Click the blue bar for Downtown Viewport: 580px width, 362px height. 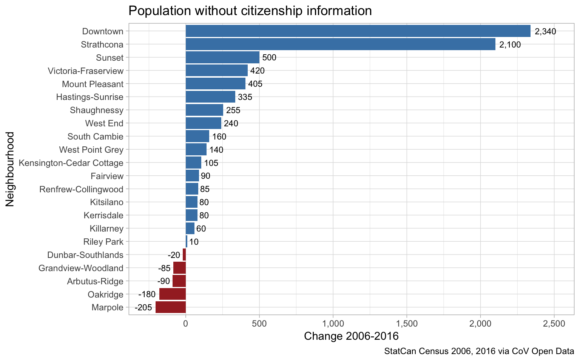click(x=358, y=31)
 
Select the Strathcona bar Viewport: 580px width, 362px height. click(x=340, y=44)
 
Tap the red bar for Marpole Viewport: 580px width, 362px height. click(x=171, y=307)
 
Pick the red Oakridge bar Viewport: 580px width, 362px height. click(x=173, y=294)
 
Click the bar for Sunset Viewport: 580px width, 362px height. click(x=222, y=58)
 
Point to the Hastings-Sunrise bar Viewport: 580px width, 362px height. click(x=210, y=97)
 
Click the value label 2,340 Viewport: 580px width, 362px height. click(x=545, y=32)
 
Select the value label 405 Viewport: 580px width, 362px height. click(x=255, y=84)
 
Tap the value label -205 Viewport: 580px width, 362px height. click(x=143, y=308)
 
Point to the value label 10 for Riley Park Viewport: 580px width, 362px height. click(x=194, y=242)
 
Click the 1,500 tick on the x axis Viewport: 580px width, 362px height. click(x=407, y=324)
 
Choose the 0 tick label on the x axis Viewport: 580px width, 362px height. click(x=185, y=324)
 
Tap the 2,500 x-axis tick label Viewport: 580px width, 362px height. click(x=554, y=324)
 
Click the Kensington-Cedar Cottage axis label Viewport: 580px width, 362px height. click(x=71, y=163)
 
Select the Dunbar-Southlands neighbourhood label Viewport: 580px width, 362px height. click(x=85, y=255)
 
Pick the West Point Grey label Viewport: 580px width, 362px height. click(x=91, y=150)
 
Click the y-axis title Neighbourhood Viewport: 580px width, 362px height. click(x=10, y=169)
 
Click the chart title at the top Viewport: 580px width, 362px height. click(x=250, y=11)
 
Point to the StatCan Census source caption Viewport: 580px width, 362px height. click(x=479, y=351)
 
